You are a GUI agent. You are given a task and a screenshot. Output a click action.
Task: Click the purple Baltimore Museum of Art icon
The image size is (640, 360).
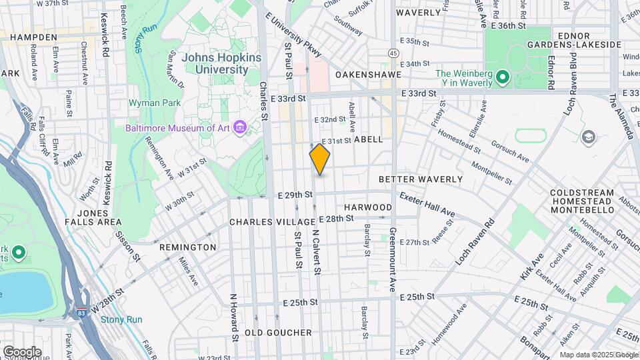(240, 127)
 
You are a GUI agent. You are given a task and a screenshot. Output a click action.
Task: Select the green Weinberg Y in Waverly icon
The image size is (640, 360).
(502, 78)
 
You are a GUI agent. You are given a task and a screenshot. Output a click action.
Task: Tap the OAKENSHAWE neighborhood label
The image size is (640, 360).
(368, 75)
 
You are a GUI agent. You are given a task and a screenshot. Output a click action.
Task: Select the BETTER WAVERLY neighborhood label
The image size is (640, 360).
(420, 179)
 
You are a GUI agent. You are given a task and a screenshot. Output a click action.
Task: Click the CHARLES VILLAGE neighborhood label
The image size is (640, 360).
(272, 221)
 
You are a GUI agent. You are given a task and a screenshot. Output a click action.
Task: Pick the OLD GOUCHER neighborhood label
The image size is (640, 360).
(278, 332)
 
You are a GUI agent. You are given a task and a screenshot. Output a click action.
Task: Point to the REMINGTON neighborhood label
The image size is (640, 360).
(187, 247)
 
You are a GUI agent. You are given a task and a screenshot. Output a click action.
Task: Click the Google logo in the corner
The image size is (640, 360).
(22, 351)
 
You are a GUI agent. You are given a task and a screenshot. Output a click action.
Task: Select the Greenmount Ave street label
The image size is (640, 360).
(393, 253)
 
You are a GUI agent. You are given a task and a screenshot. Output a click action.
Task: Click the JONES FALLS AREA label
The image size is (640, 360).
(93, 216)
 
